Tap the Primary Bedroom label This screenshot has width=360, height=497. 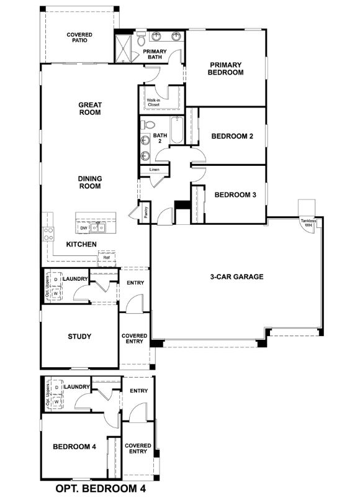click(x=225, y=68)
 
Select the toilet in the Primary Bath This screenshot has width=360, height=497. click(x=142, y=40)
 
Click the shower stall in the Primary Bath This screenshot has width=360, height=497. click(x=124, y=48)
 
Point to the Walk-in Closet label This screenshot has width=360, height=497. click(x=153, y=102)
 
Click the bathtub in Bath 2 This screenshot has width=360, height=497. click(x=177, y=130)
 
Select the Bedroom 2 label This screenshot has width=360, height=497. click(x=232, y=137)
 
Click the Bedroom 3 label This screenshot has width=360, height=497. click(x=235, y=194)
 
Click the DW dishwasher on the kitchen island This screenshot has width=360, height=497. click(x=84, y=229)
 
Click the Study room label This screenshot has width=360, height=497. click(x=79, y=337)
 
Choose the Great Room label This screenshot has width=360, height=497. click(x=90, y=109)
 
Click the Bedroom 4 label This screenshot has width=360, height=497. click(x=74, y=446)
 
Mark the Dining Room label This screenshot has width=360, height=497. click(x=90, y=183)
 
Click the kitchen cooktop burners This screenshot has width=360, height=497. click(x=48, y=234)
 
